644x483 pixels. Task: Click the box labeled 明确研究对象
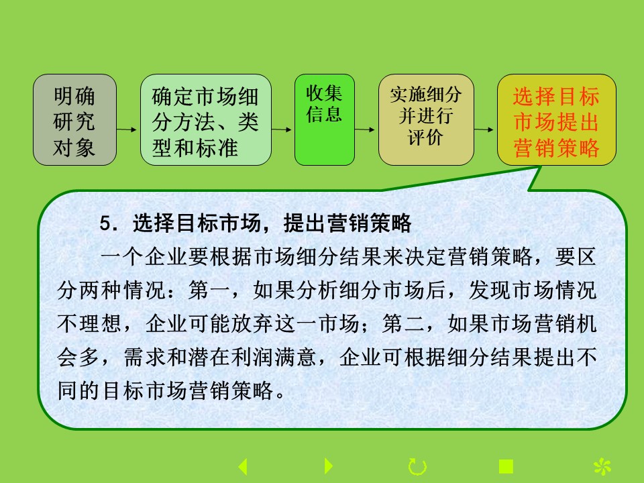(74, 119)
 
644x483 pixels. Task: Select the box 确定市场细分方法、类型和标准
(206, 119)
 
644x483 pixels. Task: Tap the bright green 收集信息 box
(325, 119)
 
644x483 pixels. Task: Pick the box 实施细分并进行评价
(426, 119)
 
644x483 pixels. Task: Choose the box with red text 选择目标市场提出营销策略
(557, 119)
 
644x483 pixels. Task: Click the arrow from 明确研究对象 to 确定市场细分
(127, 129)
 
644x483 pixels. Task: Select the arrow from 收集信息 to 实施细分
(365, 129)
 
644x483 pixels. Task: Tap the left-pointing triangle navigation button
(243, 467)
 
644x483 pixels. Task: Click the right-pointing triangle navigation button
(329, 466)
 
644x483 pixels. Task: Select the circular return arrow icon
(417, 467)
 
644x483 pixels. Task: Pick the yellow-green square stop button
(506, 467)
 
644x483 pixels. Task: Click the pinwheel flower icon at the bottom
(602, 467)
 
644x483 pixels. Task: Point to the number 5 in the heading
(105, 224)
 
